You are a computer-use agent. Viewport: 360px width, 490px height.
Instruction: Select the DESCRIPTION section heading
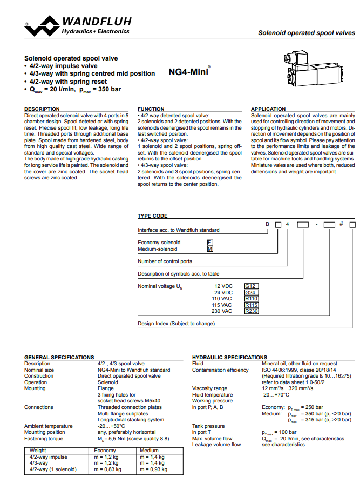coord(42,109)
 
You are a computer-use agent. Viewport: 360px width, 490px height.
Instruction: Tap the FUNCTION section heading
coord(151,109)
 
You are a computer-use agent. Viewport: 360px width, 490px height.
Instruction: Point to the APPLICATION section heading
coord(268,109)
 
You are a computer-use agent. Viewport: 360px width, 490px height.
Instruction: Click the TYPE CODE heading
coord(152,216)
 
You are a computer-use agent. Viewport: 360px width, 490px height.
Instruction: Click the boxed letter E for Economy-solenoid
coord(210,243)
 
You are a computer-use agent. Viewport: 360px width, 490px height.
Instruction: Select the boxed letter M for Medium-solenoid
coord(210,249)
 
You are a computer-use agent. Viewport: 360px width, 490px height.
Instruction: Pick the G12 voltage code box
coord(252,286)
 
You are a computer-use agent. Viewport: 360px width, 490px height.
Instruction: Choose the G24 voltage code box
coord(252,292)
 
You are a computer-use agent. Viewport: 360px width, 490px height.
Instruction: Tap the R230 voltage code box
coord(252,311)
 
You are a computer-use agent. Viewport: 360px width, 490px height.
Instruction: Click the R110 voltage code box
coord(252,299)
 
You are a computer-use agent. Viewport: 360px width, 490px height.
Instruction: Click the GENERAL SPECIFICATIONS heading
coord(59,358)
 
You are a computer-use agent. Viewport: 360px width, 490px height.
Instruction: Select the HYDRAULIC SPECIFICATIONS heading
coord(229,358)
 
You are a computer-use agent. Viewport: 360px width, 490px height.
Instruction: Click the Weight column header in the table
coord(38,451)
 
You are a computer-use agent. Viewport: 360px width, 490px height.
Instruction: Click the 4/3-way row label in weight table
coord(39,463)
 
